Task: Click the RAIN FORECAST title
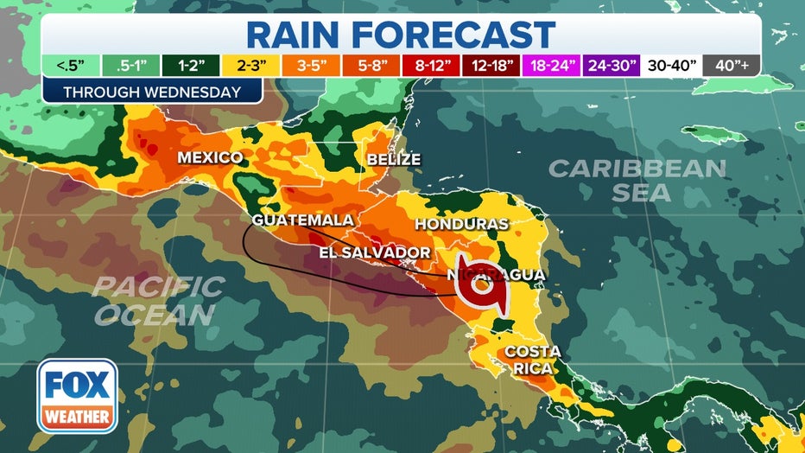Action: [x=401, y=35]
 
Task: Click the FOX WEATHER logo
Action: [x=77, y=395]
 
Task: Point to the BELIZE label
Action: [x=393, y=160]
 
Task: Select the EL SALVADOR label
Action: [x=375, y=252]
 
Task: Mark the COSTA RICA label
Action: [x=533, y=360]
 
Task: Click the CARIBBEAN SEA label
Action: [x=637, y=180]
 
